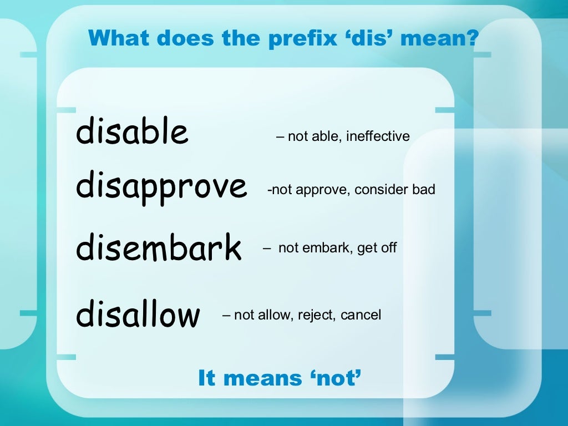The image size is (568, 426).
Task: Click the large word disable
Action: coord(132,131)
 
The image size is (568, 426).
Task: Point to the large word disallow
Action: coord(138,314)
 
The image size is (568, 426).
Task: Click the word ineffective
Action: coord(378,136)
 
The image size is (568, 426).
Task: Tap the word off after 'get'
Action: coord(389,247)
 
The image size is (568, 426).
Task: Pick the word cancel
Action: coord(361,315)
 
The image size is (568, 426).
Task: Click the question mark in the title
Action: coord(473,38)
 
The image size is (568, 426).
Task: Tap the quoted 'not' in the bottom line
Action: coord(337,378)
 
